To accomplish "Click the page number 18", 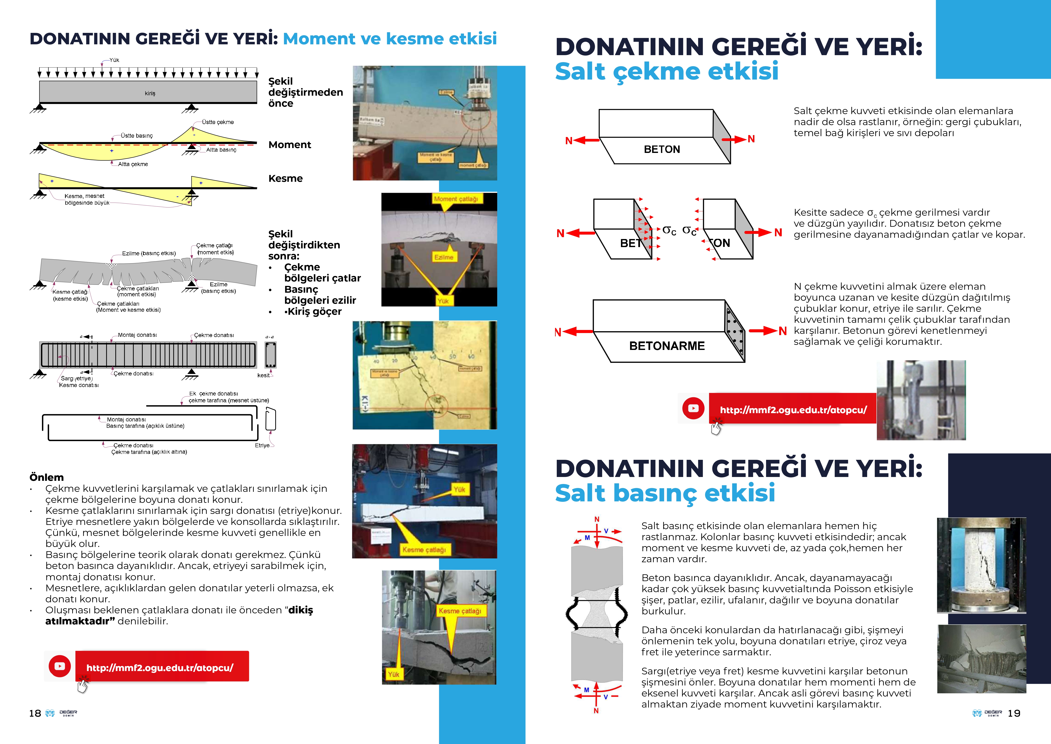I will [35, 713].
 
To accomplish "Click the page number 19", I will [1014, 713].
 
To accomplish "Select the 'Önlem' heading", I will [47, 477].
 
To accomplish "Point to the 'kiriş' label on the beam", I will [150, 94].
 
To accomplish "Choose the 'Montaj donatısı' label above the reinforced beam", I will [137, 335].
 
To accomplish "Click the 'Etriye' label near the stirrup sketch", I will [262, 445].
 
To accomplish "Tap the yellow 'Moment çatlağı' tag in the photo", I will [456, 199].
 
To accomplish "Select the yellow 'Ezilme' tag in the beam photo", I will [444, 257].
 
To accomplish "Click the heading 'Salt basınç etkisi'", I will [665, 493].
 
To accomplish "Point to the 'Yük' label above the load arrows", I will [114, 60].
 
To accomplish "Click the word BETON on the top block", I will [662, 149].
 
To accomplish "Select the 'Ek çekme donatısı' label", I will [214, 394].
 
